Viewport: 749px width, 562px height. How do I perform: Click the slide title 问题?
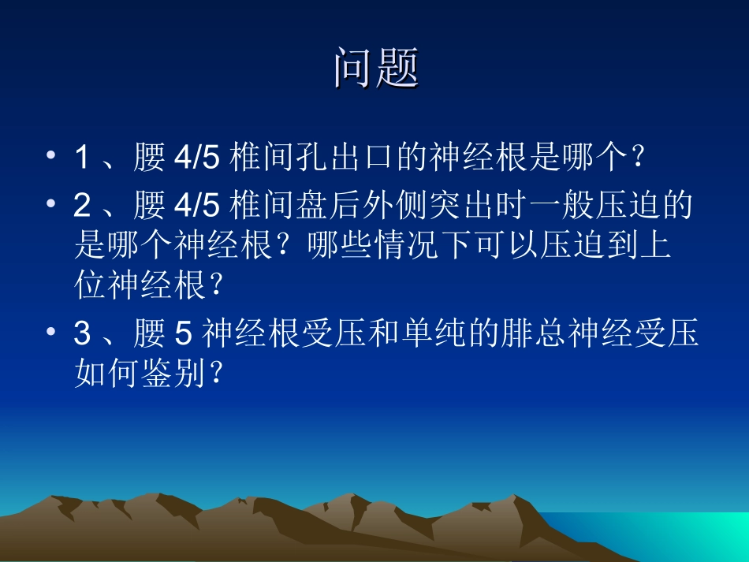(375, 68)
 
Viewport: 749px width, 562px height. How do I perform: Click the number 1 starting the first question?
(81, 158)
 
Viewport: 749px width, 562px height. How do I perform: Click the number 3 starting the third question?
(81, 334)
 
